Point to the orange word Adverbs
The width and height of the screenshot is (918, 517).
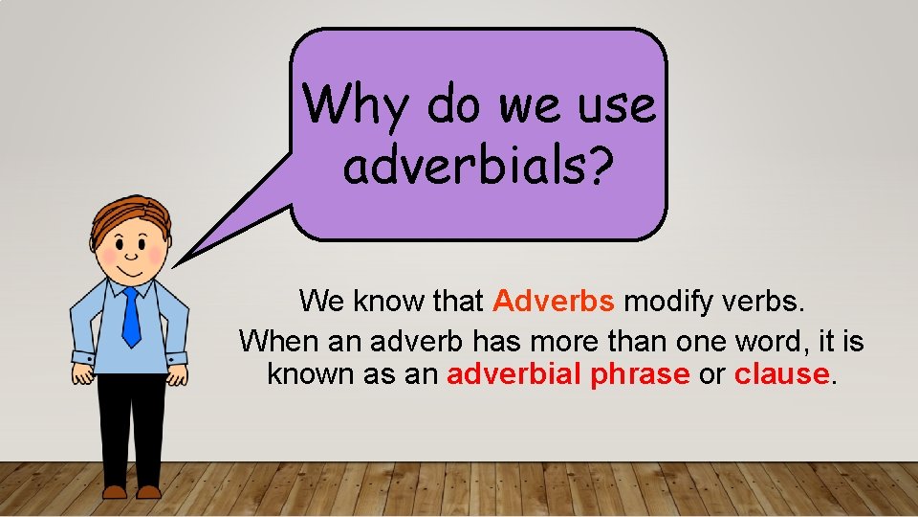click(554, 302)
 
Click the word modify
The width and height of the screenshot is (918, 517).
click(667, 302)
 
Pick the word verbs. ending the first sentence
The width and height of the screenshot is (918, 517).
click(762, 302)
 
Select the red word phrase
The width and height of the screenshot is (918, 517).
click(640, 374)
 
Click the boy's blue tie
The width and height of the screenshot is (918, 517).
click(130, 316)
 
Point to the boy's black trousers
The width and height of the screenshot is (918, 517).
click(131, 421)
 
